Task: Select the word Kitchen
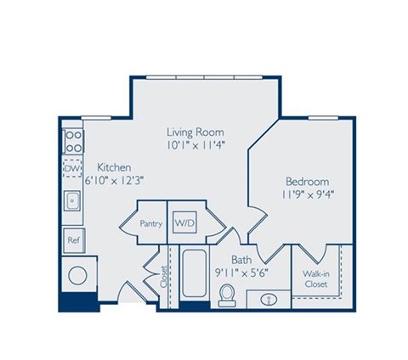click(113, 166)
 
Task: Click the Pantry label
click(151, 223)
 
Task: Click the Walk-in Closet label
click(316, 279)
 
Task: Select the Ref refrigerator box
click(73, 240)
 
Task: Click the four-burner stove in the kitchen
click(72, 140)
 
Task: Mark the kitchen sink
click(73, 202)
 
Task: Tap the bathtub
click(192, 273)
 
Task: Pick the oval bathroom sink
click(267, 299)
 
